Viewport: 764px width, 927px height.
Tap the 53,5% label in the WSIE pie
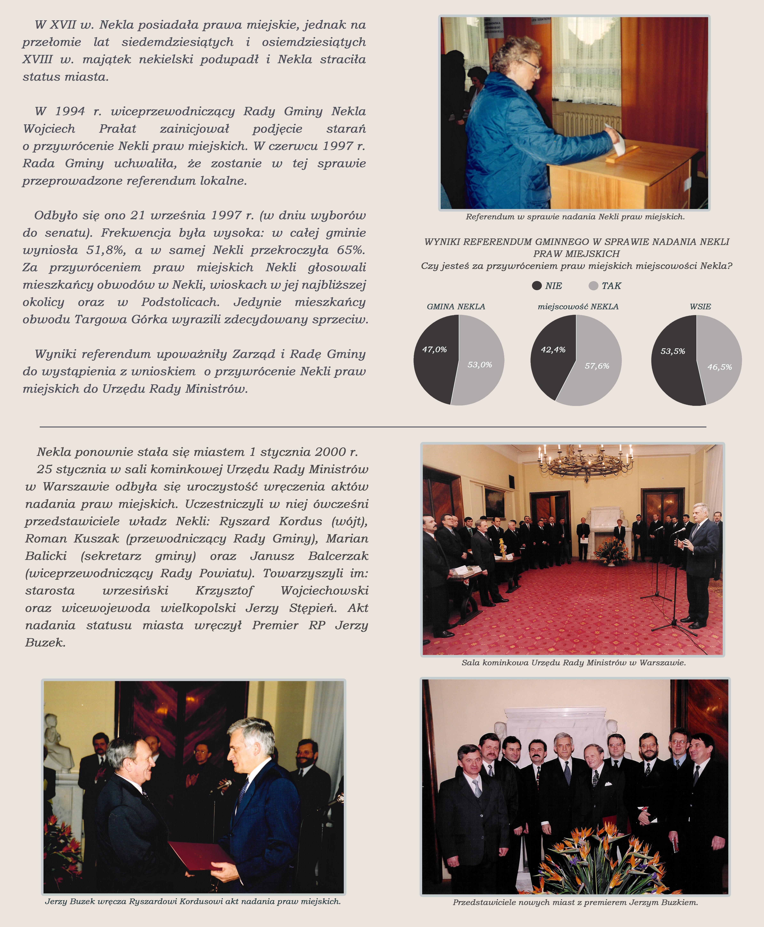(x=672, y=351)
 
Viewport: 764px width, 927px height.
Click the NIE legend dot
(x=537, y=286)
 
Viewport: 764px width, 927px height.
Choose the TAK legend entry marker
(x=593, y=286)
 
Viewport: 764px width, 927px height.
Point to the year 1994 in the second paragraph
(x=70, y=111)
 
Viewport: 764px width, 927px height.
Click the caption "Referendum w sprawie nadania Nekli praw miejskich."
(x=575, y=217)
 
